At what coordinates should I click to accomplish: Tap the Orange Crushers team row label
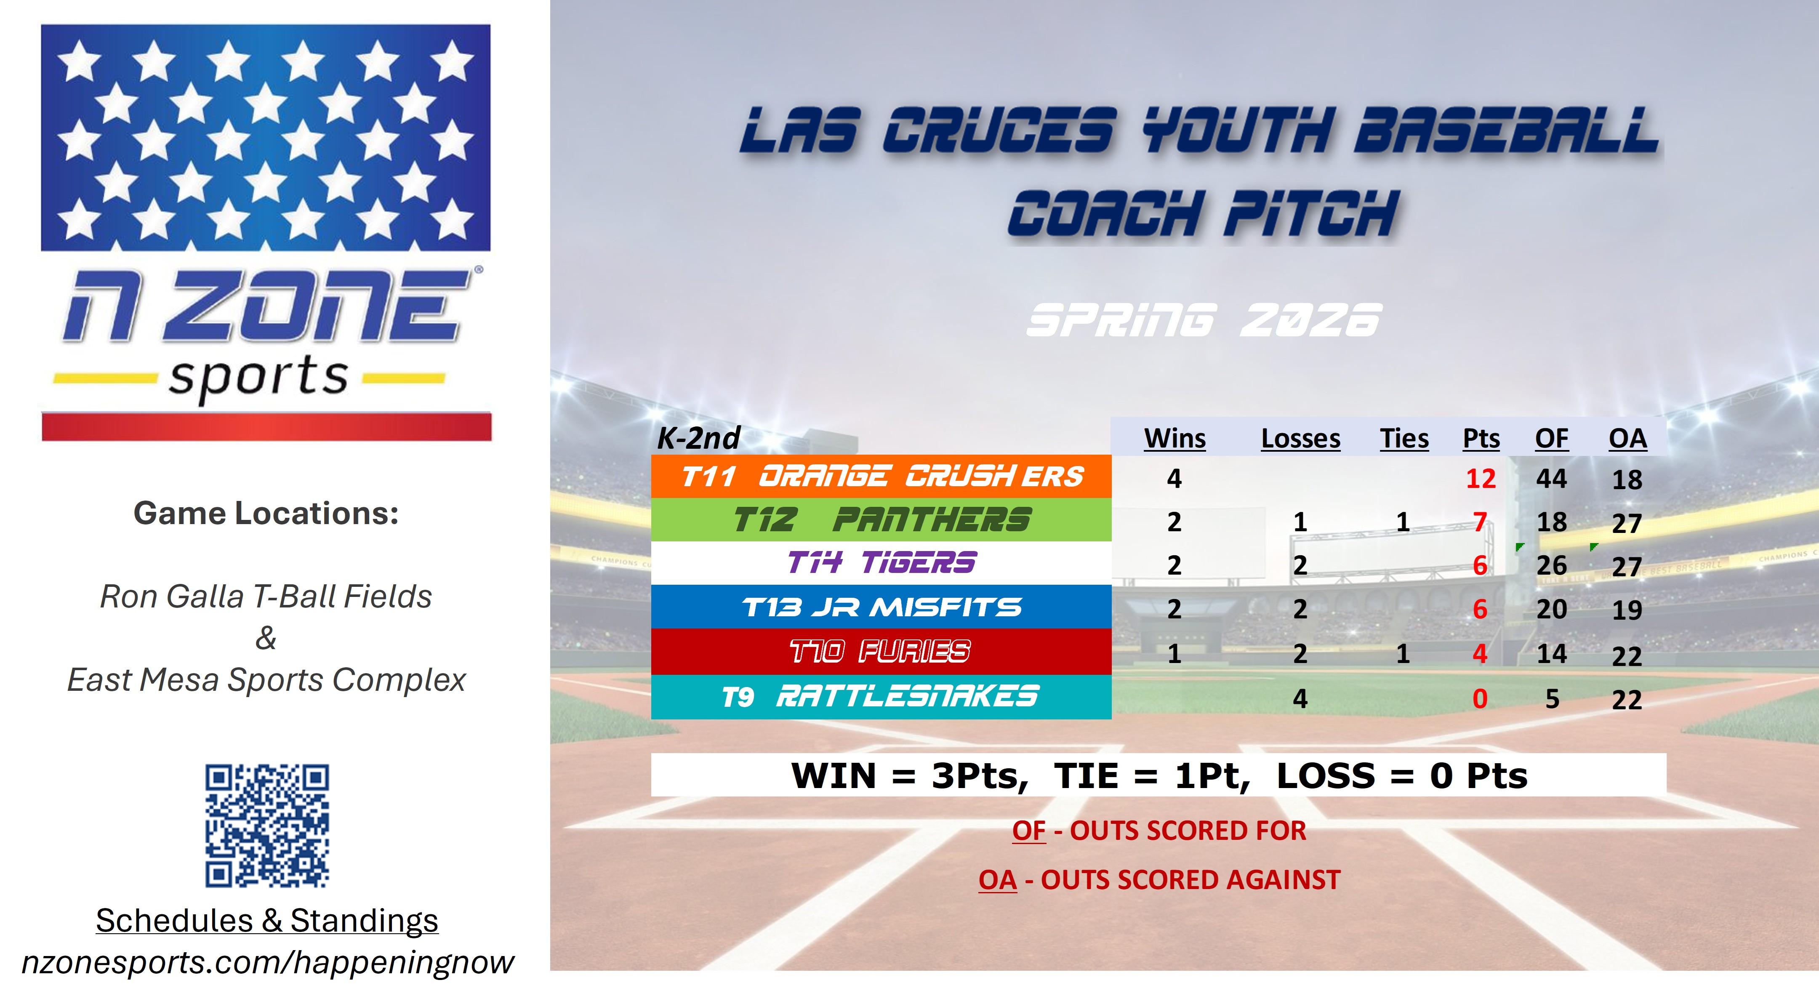tap(881, 477)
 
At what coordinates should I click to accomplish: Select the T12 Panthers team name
tap(881, 519)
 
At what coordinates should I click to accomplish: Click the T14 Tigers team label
tap(881, 563)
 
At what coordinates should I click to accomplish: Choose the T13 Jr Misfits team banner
tap(881, 607)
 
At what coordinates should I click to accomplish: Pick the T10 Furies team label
tap(881, 651)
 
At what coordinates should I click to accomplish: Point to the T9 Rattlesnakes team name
tap(881, 697)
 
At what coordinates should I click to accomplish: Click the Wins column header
tap(1174, 439)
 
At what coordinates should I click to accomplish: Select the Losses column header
tap(1301, 439)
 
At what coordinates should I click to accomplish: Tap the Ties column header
tap(1404, 439)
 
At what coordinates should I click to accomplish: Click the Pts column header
tap(1481, 439)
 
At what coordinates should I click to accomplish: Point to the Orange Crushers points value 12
tap(1481, 479)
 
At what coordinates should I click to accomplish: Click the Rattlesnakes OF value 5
tap(1552, 699)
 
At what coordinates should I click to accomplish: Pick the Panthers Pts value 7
tap(1480, 522)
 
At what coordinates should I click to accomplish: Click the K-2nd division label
tap(698, 439)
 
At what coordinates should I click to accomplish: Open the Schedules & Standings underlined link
tap(267, 921)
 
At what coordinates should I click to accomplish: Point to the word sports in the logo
tap(258, 378)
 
